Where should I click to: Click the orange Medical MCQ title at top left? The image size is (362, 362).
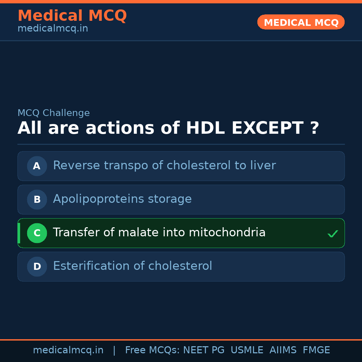[72, 16]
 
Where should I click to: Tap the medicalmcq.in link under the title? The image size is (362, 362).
[53, 28]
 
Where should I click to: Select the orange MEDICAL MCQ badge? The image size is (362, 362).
[301, 22]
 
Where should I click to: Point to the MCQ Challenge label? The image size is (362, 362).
[54, 113]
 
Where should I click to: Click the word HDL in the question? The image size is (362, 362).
[205, 128]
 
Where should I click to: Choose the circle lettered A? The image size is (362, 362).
[37, 166]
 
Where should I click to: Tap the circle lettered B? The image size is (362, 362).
[37, 199]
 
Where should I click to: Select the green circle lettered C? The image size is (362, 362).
[37, 233]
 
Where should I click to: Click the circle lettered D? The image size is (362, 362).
[37, 266]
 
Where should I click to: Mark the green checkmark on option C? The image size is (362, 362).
[333, 234]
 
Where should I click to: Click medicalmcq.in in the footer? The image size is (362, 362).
[68, 350]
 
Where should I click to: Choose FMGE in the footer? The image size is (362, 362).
[316, 350]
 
